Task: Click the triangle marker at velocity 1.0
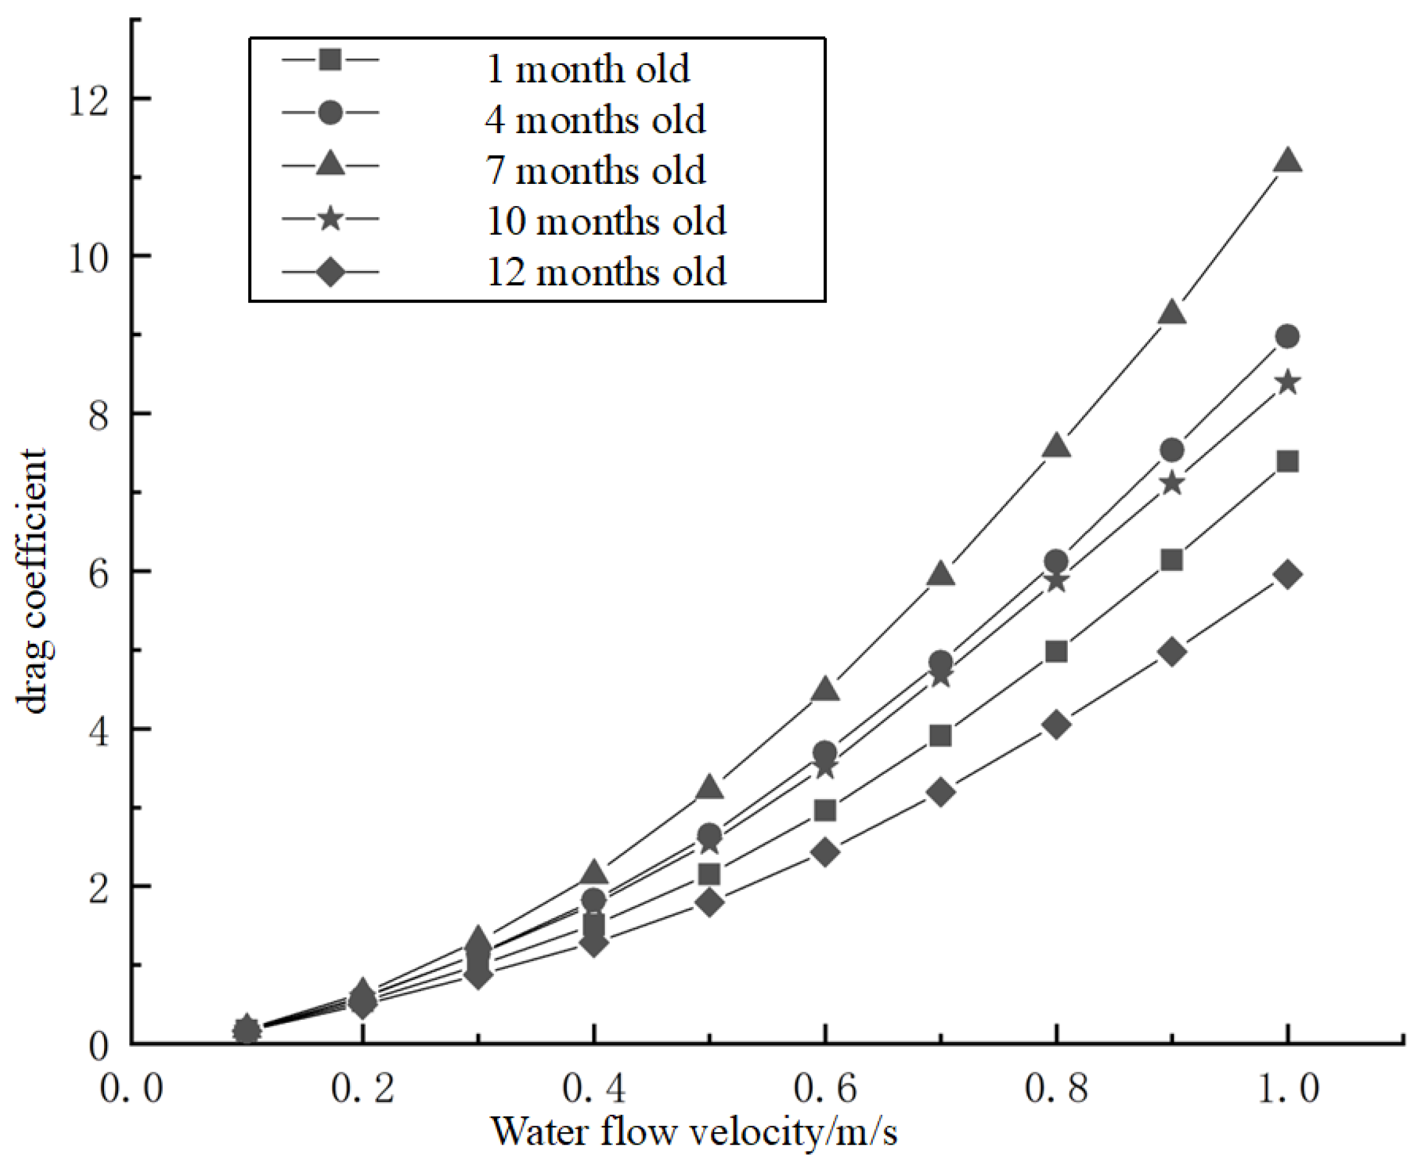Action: click(x=1288, y=162)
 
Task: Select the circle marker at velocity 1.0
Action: click(x=1288, y=336)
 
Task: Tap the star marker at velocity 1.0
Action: click(x=1288, y=383)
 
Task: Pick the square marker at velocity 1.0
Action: click(x=1288, y=462)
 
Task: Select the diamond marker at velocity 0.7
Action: click(x=941, y=792)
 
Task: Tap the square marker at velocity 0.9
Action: click(x=1172, y=560)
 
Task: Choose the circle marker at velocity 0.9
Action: click(x=1172, y=449)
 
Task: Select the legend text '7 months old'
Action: click(x=595, y=170)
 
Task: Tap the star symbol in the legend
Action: click(x=330, y=219)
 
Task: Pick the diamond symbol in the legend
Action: click(x=330, y=272)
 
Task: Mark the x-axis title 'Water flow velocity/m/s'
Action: click(x=694, y=1131)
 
